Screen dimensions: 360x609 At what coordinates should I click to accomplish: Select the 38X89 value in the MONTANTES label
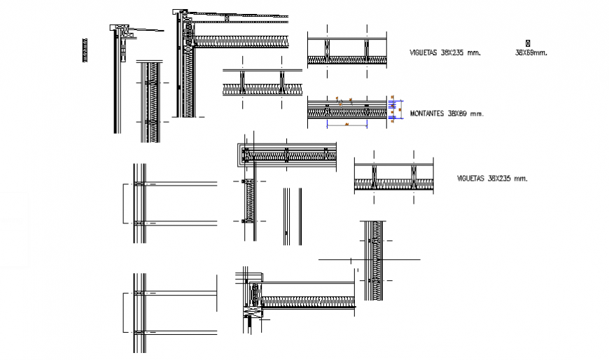(458, 113)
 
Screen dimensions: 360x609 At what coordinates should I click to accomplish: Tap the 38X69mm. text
(531, 53)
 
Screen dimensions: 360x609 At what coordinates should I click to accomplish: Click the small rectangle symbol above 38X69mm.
(527, 43)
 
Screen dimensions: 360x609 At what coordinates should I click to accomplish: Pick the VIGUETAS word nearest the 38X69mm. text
(425, 53)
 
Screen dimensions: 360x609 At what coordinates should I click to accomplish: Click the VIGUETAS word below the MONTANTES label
(470, 179)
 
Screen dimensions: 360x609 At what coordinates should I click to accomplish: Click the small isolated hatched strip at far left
(85, 50)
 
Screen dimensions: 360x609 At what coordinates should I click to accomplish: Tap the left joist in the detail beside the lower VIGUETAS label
(374, 176)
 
